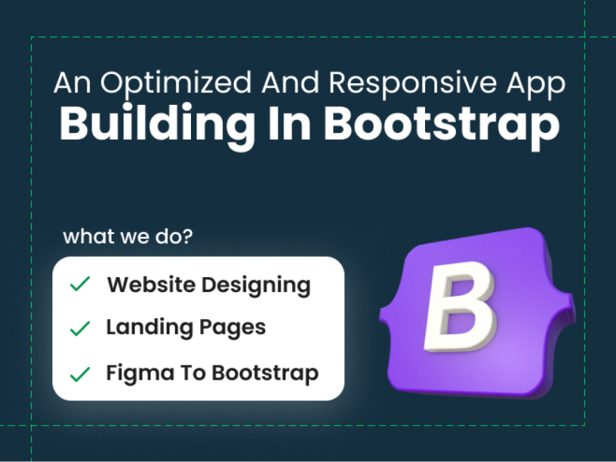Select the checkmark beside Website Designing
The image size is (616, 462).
tap(80, 285)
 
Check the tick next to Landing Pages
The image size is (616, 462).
tap(80, 329)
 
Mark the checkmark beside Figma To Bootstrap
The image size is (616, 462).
tap(80, 373)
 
